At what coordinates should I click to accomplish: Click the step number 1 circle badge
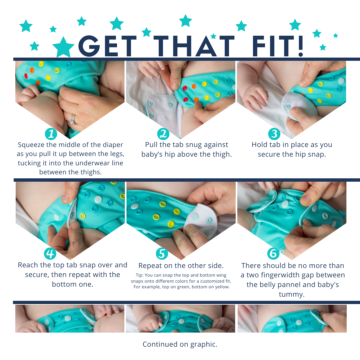tap(51, 134)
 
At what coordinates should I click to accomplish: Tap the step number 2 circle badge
tap(163, 134)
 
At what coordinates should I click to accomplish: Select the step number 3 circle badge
tap(274, 134)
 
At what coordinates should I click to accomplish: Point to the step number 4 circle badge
tap(50, 253)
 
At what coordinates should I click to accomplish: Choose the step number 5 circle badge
tap(162, 254)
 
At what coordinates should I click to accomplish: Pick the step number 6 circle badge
tap(273, 253)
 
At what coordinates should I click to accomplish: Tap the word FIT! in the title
tap(278, 46)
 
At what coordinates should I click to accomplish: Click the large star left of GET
tap(63, 47)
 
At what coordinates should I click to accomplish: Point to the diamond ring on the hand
tap(73, 119)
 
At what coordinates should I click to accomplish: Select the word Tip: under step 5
tap(140, 275)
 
